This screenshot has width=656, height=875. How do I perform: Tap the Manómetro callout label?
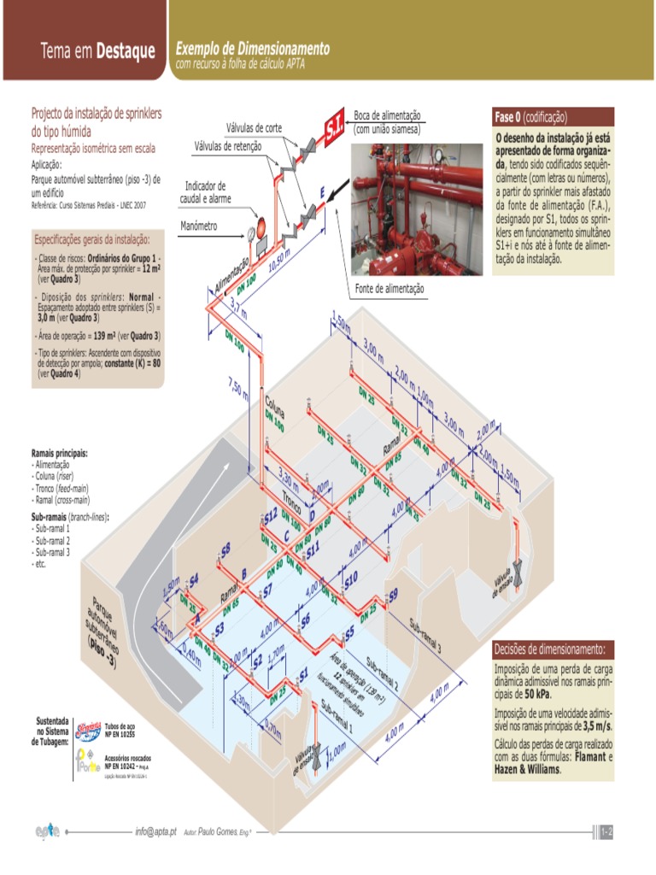(200, 226)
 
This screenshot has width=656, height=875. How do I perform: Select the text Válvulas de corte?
(254, 127)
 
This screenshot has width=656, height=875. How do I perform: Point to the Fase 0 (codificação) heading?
(530, 117)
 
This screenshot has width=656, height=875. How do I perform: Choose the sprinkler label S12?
(270, 516)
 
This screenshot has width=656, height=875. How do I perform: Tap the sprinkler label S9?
(392, 595)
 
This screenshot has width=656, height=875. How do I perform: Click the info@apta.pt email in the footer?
(155, 831)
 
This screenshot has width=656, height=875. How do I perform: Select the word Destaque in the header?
(126, 52)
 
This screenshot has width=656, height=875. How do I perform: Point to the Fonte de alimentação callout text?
(389, 289)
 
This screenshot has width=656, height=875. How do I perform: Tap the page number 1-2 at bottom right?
(607, 831)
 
